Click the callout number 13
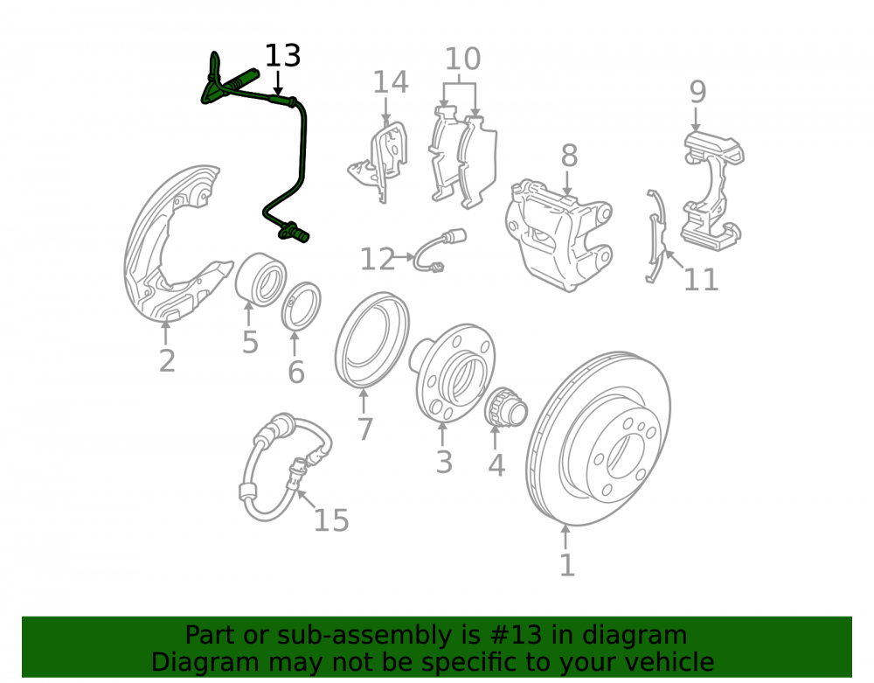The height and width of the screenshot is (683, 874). click(282, 56)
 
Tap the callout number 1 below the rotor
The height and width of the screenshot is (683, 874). click(567, 565)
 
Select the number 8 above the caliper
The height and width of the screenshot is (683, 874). click(569, 156)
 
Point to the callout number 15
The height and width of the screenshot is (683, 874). click(331, 520)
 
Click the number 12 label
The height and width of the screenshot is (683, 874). click(378, 259)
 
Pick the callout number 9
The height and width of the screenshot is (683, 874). click(697, 92)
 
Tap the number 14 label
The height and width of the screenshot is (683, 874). click(390, 82)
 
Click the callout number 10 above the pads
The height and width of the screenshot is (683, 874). click(462, 59)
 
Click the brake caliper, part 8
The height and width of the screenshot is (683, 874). click(559, 234)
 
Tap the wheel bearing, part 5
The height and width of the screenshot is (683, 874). click(260, 279)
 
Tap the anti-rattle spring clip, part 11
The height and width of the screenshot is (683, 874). click(656, 234)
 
